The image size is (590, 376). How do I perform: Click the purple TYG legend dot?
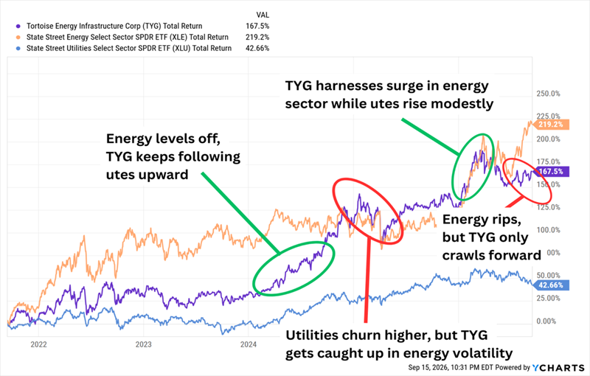coord(18,27)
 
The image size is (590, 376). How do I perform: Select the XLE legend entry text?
coord(128,37)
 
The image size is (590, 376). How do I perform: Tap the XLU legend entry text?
coord(129,48)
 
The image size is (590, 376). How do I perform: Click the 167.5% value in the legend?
coord(257,27)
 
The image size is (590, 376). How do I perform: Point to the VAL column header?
coord(263,15)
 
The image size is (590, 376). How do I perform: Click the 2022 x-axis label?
coord(38,344)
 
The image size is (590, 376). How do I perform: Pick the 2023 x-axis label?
coord(143,344)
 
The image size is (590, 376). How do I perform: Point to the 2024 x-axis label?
coord(249,344)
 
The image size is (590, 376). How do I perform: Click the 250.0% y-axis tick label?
coord(548,94)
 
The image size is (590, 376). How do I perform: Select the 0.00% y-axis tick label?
coord(546,321)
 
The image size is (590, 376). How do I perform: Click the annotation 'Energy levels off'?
coord(163,139)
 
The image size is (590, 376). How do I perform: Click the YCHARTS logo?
coord(558,367)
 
